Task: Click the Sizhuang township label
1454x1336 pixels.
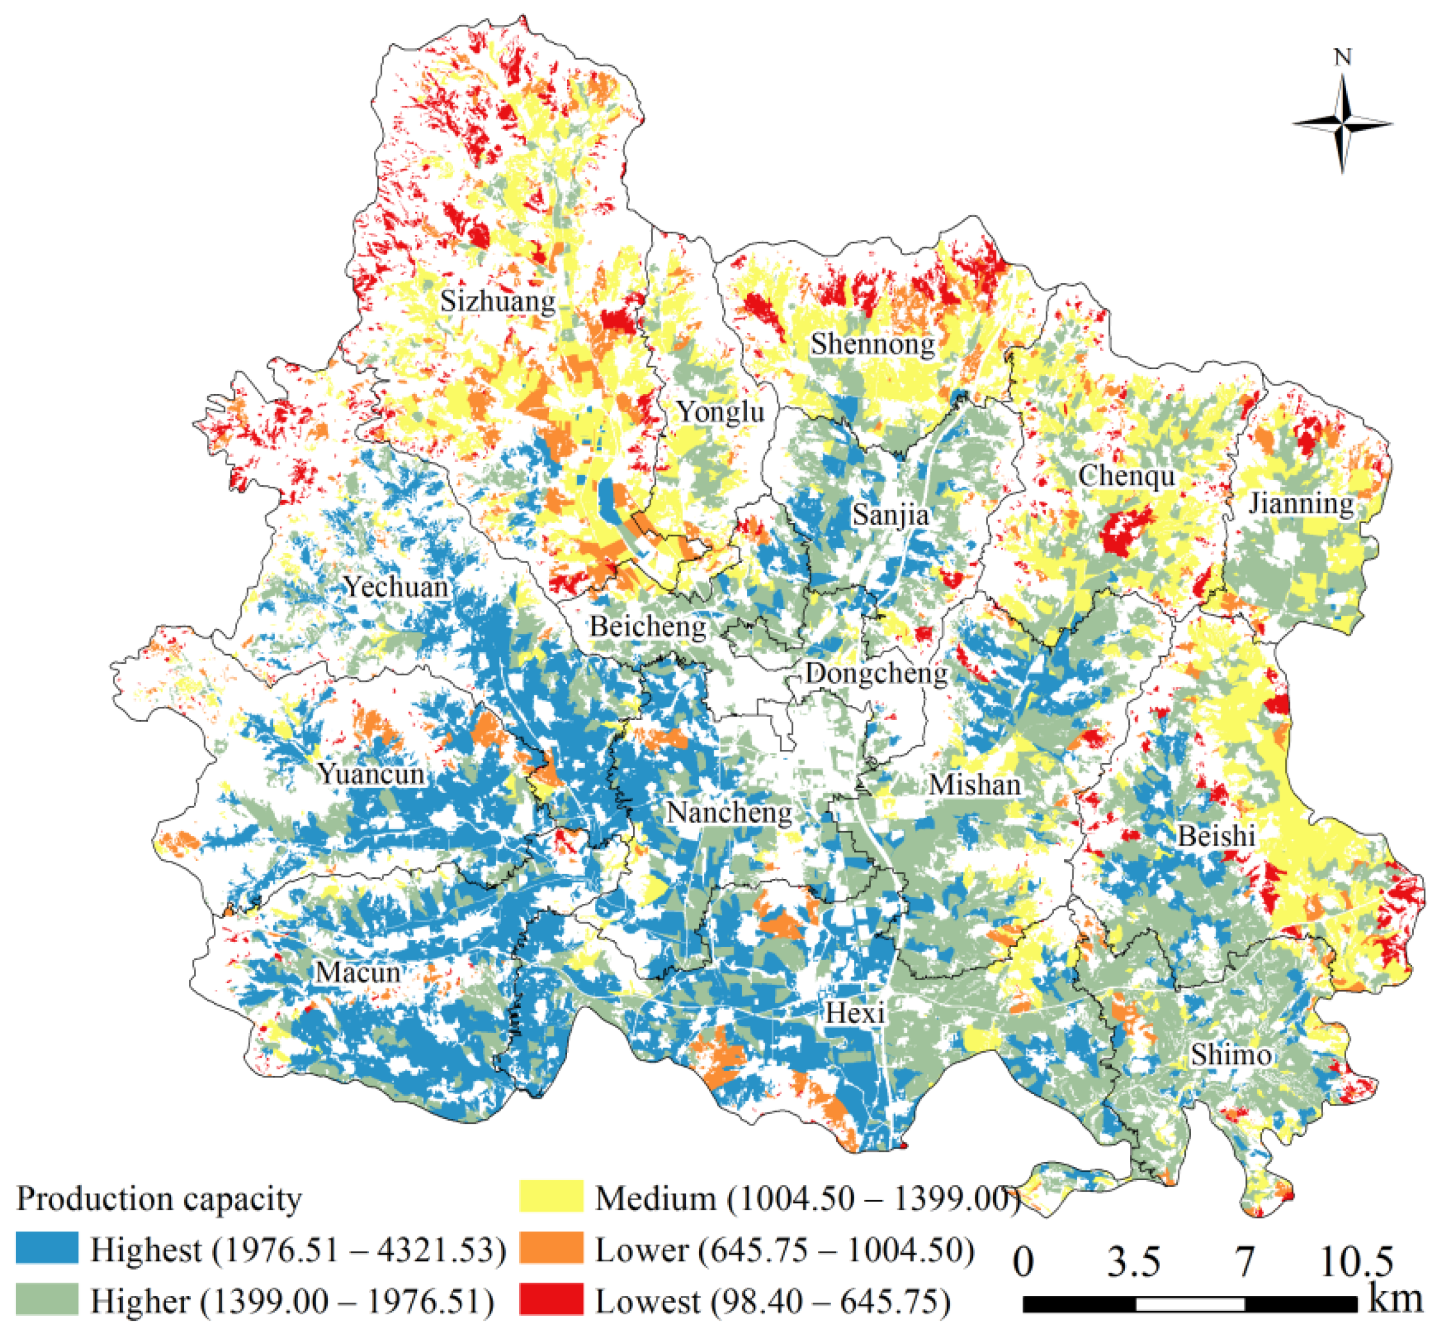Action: coord(498,301)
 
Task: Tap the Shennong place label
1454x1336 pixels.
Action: coord(872,344)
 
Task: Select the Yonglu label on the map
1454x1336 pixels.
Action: coord(720,412)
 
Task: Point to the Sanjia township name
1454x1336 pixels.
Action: coord(891,515)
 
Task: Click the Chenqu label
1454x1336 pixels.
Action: coord(1126,476)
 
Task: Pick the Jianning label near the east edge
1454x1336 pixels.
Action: coord(1301,503)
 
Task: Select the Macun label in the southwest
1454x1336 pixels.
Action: coord(357,972)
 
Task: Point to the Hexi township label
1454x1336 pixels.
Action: coord(855,1013)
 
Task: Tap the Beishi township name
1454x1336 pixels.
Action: coord(1217,837)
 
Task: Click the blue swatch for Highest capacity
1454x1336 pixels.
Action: coord(47,1249)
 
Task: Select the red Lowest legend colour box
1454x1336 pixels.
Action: coord(551,1300)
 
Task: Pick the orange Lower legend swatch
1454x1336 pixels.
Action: coord(551,1249)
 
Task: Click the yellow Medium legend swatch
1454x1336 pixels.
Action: coord(551,1197)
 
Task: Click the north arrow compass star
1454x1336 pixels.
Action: coord(1342,124)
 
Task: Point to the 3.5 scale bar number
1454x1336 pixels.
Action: coord(1134,1261)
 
